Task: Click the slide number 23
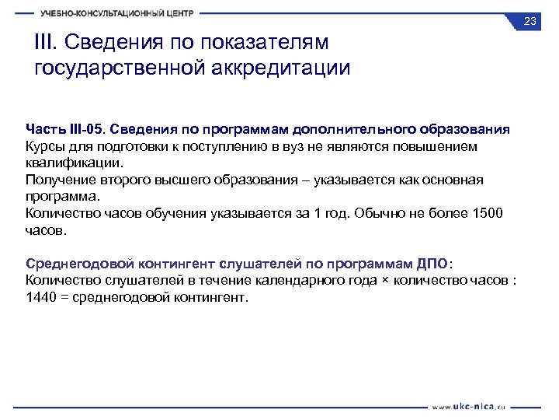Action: click(530, 21)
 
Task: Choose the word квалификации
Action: click(74, 163)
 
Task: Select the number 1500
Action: click(487, 214)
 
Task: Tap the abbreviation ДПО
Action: click(432, 264)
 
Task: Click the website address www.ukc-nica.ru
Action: click(473, 406)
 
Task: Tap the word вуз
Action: click(315, 145)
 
